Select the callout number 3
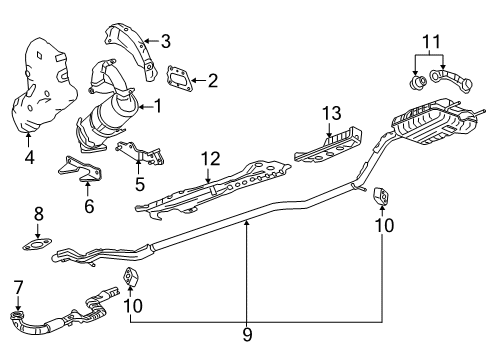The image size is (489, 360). pos(166,41)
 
